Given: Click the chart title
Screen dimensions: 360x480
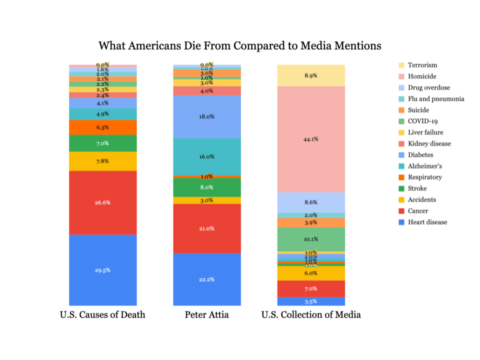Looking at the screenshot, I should (x=240, y=46).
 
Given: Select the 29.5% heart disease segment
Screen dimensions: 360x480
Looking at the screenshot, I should (x=103, y=270).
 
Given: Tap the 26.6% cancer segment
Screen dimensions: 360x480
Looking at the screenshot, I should (x=103, y=203).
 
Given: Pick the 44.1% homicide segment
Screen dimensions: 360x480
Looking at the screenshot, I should (x=311, y=139).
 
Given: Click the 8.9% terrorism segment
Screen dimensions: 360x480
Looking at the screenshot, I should (x=311, y=76).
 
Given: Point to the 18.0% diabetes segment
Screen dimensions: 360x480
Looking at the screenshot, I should (x=207, y=117).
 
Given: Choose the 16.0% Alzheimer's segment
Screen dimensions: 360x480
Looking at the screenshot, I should (x=207, y=157).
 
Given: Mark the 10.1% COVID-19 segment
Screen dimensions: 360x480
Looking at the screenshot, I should (x=311, y=239).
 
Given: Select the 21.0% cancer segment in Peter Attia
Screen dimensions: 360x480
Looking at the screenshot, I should (x=207, y=229).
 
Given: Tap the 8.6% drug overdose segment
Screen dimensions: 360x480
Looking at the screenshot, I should (x=311, y=202).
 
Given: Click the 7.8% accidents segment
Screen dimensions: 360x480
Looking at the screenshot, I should (x=103, y=161).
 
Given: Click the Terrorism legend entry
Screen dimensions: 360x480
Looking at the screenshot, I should (x=422, y=65).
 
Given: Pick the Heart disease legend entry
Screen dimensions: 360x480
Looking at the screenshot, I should (x=427, y=222).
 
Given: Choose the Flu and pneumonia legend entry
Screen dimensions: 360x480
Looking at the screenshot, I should (x=436, y=99).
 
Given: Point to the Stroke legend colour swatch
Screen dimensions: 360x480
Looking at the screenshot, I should (x=401, y=188).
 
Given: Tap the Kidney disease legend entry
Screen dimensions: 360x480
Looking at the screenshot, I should (x=429, y=144).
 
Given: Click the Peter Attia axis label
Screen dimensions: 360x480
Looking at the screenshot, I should (x=207, y=315).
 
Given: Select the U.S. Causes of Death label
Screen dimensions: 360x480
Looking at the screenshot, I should (x=103, y=315).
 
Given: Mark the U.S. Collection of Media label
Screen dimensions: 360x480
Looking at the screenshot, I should (x=311, y=315).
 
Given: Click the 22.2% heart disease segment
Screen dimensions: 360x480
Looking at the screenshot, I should (x=207, y=279).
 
